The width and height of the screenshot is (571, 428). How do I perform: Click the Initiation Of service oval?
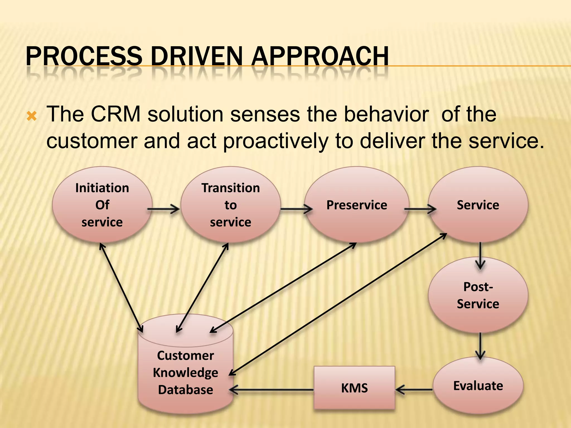tap(102, 205)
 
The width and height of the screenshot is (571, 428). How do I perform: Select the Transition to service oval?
tap(231, 205)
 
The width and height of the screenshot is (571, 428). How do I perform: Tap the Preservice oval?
tap(357, 205)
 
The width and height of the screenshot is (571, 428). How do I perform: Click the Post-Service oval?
tap(478, 295)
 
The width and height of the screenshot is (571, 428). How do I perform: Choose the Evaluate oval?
tap(478, 386)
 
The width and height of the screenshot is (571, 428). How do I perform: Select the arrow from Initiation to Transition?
tap(164, 209)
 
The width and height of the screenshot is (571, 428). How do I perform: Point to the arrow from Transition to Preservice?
tap(296, 209)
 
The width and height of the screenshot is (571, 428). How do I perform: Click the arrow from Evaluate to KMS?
tap(414, 390)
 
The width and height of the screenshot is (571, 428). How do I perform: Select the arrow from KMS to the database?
tap(272, 390)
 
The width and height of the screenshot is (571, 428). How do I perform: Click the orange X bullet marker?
tap(32, 116)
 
